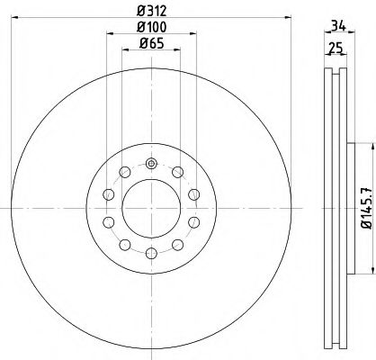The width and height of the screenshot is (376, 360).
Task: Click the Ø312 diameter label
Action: click(x=151, y=12)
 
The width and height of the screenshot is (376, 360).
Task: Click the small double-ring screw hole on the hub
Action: click(x=151, y=163)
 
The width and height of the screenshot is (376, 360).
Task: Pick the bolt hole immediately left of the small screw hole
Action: click(x=124, y=173)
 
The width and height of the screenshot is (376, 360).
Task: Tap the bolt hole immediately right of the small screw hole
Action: click(x=178, y=173)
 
